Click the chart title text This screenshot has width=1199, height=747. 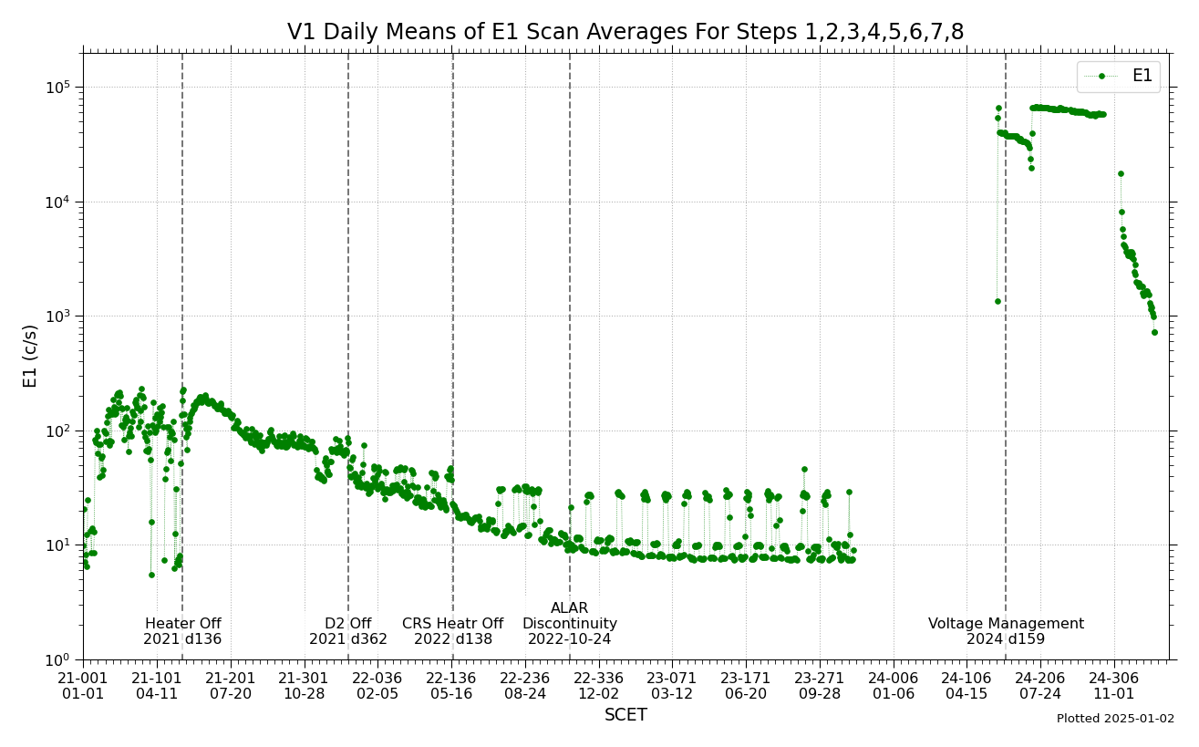point(625,33)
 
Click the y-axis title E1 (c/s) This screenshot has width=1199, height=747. point(31,356)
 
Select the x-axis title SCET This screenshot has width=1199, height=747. point(625,715)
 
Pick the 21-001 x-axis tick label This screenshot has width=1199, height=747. point(83,686)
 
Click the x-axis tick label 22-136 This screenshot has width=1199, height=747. point(452,686)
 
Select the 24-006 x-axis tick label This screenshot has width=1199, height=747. point(894,686)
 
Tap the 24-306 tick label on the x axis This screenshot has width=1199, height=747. point(1114,686)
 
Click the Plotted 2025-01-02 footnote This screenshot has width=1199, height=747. point(1115,719)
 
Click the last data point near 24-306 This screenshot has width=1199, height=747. point(1154,332)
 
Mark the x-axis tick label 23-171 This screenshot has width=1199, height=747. point(746,686)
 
